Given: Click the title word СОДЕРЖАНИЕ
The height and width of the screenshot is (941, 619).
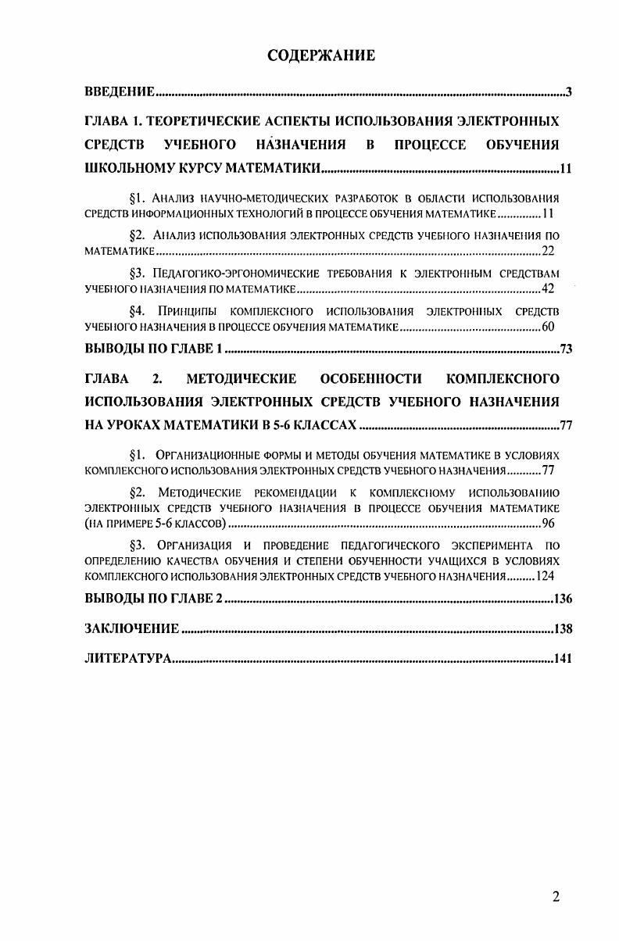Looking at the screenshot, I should coord(321,55).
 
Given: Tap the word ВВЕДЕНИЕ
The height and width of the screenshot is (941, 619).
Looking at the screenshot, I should coord(120,93).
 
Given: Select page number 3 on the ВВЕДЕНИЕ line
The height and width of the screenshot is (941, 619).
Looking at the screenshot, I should coord(570,93).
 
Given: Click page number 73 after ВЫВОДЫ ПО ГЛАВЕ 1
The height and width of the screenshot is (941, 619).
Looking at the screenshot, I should coord(567,349).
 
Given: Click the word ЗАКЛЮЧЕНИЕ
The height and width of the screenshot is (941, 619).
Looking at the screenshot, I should coord(132,628).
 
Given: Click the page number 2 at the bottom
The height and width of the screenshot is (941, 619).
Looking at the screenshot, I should coord(556,896).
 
